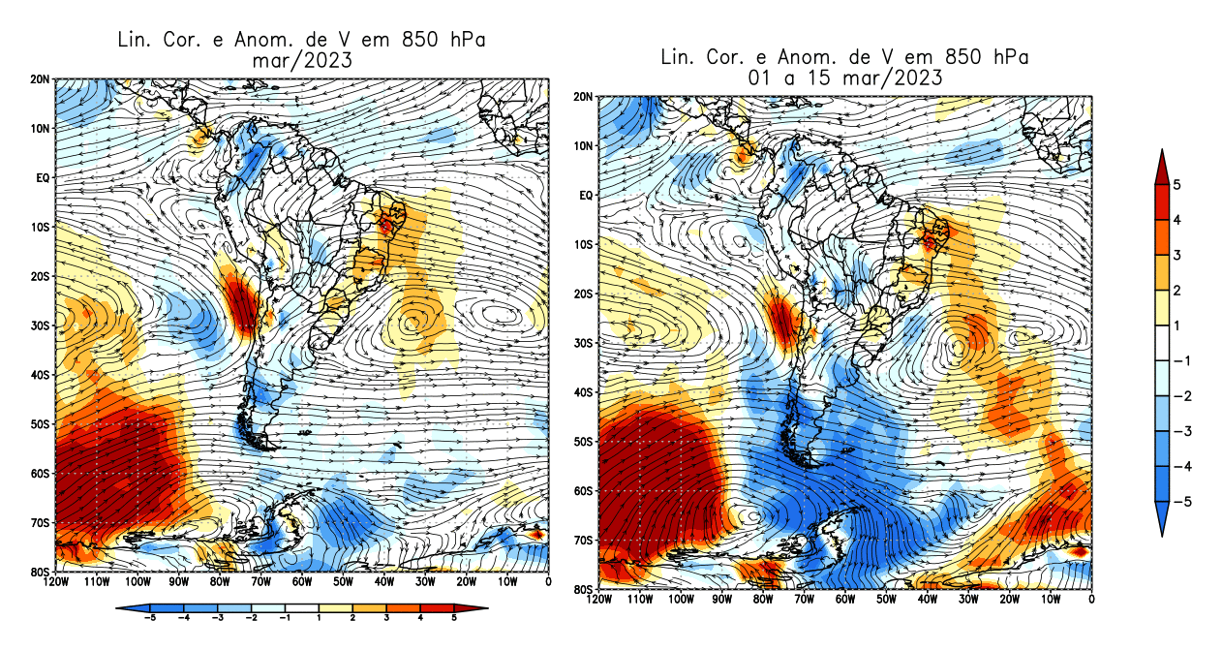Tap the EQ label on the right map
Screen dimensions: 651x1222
point(585,196)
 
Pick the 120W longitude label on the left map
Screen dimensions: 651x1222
point(55,582)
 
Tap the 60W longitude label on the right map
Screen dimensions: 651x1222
point(845,600)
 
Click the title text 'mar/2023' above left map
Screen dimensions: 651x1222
point(299,60)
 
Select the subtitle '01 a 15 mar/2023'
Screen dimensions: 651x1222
point(844,78)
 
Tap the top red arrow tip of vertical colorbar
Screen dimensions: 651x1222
point(1162,153)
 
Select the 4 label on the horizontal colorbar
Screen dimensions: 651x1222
point(419,617)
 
